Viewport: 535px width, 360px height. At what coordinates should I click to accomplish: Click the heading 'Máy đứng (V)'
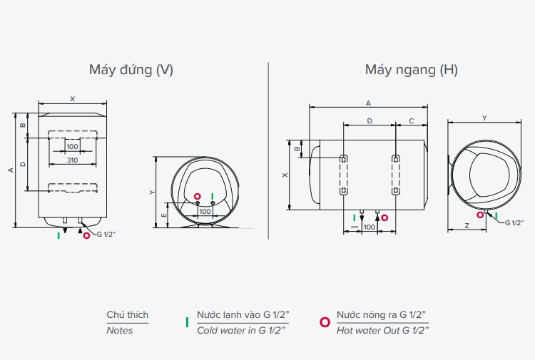[x=131, y=69]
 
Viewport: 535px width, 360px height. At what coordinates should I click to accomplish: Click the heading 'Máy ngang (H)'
[x=411, y=69]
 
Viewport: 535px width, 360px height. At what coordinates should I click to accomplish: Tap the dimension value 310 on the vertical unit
[x=72, y=160]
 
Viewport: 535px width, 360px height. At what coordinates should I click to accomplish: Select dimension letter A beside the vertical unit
[x=10, y=170]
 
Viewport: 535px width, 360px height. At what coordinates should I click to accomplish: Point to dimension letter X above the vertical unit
[x=72, y=99]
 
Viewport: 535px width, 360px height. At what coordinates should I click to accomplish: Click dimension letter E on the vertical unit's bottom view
[x=164, y=215]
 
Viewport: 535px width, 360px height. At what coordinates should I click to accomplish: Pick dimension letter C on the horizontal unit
[x=412, y=121]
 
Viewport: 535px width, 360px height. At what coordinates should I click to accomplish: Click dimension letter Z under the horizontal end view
[x=466, y=225]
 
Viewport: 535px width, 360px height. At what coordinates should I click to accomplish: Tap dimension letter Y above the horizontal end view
[x=484, y=118]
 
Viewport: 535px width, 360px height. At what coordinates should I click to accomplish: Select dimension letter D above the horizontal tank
[x=370, y=121]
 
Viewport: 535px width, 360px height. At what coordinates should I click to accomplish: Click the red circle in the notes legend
[x=325, y=322]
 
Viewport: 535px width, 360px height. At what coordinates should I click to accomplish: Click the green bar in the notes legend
[x=187, y=322]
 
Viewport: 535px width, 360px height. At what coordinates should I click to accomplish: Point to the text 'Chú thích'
[x=128, y=315]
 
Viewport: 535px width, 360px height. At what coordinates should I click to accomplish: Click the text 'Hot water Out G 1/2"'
[x=382, y=330]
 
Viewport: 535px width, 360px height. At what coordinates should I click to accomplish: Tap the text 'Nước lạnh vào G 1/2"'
[x=243, y=315]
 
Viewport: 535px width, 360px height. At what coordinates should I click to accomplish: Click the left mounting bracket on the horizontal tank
[x=343, y=175]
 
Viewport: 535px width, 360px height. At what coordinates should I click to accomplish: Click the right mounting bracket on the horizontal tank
[x=395, y=175]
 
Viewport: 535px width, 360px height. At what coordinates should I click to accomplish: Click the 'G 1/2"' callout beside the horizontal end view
[x=514, y=223]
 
